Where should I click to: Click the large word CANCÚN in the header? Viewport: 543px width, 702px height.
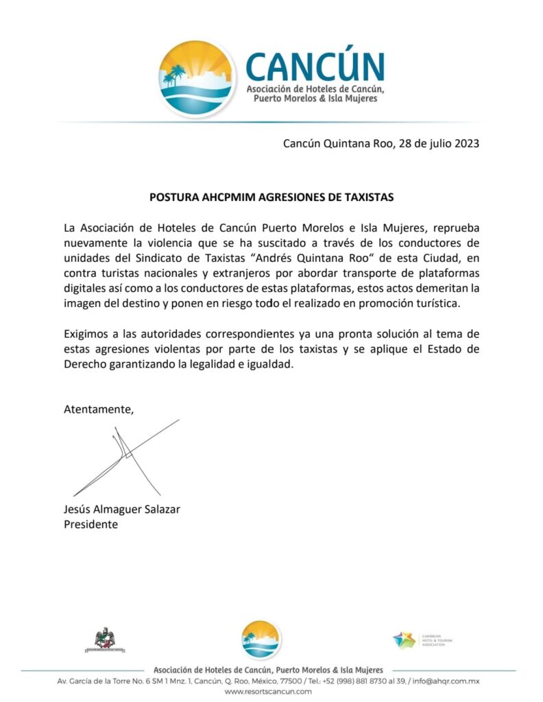315,66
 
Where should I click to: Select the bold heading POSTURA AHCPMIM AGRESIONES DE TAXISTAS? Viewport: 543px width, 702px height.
271,197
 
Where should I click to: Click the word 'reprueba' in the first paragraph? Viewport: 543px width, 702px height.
456,226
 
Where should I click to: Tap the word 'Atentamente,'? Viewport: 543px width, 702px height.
98,409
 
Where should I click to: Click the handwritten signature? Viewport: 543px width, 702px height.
127,456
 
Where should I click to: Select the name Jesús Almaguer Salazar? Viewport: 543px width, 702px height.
122,509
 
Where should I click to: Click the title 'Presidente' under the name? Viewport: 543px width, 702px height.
90,524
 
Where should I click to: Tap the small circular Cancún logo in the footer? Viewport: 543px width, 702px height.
261,640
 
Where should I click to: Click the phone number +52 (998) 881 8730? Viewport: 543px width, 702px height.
361,681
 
